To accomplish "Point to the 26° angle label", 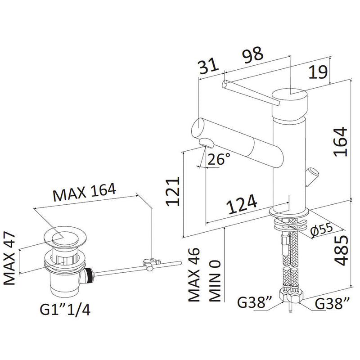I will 220,159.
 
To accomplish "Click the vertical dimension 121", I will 173,192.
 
